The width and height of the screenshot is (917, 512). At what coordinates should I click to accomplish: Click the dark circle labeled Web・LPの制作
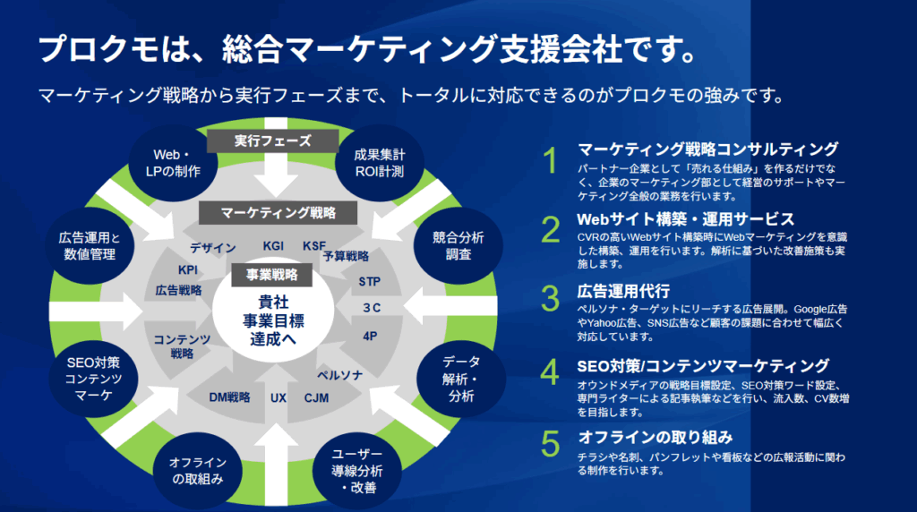[x=173, y=163]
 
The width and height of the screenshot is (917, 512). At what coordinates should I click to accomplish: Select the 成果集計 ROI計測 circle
[x=380, y=163]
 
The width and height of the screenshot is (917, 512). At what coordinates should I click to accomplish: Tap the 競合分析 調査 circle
[x=458, y=246]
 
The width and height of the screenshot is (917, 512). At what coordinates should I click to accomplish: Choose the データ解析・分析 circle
[x=461, y=379]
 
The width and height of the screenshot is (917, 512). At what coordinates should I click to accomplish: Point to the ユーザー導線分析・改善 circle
[x=357, y=471]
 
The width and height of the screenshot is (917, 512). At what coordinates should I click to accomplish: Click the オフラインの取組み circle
[x=198, y=471]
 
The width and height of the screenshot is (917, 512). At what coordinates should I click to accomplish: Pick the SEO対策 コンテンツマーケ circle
[x=93, y=379]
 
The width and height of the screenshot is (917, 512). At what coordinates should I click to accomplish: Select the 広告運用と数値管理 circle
[x=90, y=246]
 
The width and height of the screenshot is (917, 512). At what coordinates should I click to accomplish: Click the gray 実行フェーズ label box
[x=272, y=141]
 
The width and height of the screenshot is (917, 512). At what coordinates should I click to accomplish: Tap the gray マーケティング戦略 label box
[x=278, y=213]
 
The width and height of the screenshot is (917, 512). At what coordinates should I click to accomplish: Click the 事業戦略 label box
[x=272, y=275]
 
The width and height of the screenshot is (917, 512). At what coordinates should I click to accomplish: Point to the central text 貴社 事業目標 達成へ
[x=273, y=320]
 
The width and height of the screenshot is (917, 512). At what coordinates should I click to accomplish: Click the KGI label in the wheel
[x=273, y=246]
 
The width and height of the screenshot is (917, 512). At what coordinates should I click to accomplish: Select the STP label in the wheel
[x=370, y=282]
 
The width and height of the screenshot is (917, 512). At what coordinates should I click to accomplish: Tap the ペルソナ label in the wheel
[x=339, y=375]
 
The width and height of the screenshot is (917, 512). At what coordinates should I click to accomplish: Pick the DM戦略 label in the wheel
[x=229, y=397]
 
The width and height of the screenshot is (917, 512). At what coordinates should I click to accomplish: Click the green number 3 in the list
[x=551, y=298]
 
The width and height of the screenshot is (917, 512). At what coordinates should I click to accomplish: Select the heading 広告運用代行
[x=623, y=291]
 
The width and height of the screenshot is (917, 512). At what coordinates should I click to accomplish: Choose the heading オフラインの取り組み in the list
[x=655, y=437]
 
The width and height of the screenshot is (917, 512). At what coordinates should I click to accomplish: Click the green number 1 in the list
[x=551, y=160]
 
